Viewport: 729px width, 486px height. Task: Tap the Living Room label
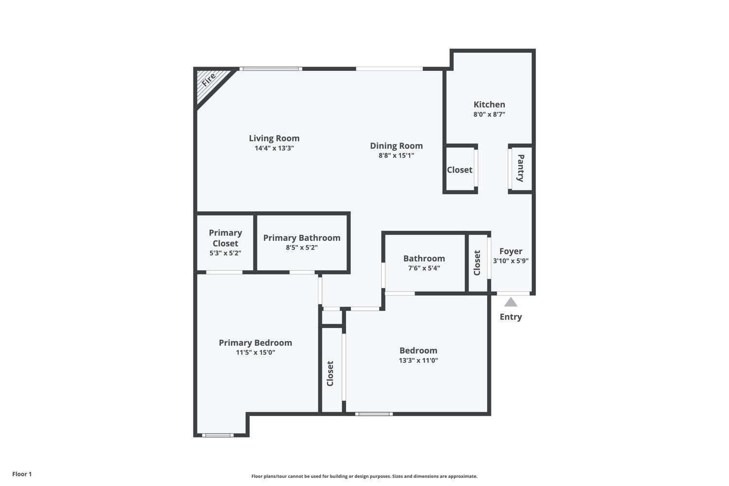point(274,139)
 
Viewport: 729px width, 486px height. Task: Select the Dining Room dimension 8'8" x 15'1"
point(396,156)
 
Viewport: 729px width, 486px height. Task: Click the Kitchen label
point(489,104)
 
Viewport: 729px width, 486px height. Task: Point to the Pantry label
point(521,168)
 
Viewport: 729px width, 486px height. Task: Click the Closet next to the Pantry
point(459,170)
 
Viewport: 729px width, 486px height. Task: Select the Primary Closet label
point(225,238)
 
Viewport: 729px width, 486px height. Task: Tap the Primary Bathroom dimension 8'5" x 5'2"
point(301,247)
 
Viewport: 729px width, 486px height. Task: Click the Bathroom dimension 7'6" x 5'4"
point(424,268)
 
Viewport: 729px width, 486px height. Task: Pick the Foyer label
point(510,251)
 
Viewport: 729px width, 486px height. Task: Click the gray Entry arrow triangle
point(510,303)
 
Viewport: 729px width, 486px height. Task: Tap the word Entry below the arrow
point(510,317)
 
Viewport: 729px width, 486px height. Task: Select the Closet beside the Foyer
point(477,263)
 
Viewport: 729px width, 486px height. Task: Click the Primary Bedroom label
point(255,343)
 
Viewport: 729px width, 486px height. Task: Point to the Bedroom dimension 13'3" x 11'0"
point(418,360)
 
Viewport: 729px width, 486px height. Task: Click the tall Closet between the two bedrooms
point(330,373)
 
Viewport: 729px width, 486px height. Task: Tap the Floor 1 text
point(22,474)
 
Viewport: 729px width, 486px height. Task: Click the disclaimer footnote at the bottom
point(364,476)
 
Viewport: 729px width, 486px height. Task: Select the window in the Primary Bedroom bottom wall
point(218,435)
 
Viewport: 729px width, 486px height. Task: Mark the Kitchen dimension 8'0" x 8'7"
point(489,115)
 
